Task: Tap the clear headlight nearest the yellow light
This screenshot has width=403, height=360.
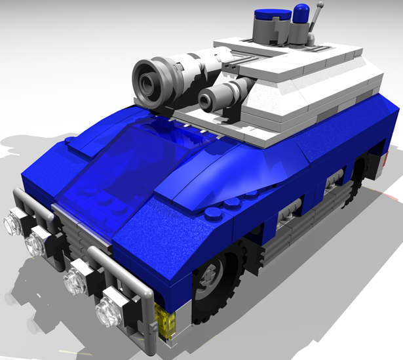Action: (108, 313)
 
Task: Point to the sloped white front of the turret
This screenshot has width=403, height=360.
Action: (275, 98)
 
